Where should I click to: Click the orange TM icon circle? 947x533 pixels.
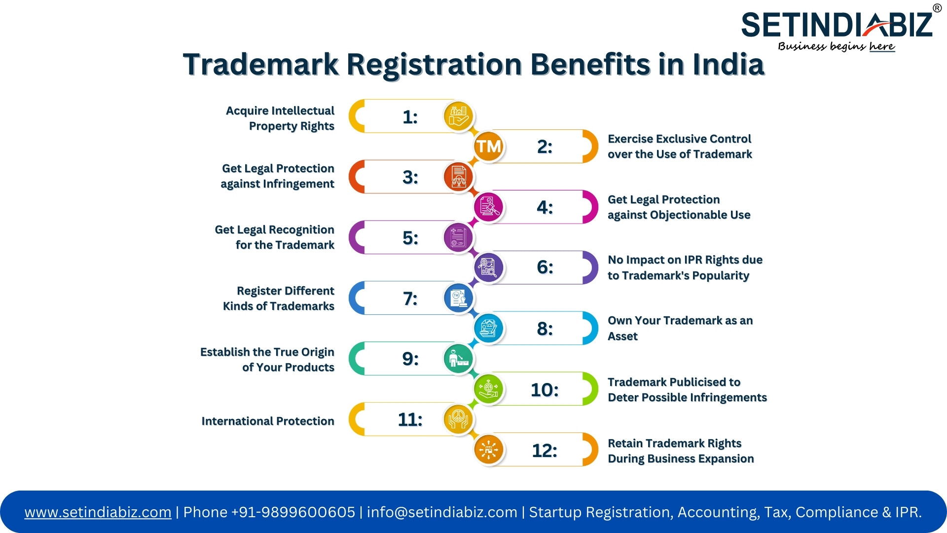(x=488, y=146)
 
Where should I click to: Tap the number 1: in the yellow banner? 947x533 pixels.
(x=410, y=117)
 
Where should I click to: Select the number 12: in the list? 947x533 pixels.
(x=545, y=451)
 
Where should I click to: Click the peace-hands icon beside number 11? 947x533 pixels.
(x=459, y=419)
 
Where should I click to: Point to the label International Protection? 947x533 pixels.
(x=268, y=421)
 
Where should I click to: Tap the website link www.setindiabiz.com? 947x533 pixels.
(x=98, y=512)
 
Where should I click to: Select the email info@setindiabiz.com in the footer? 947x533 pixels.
(x=442, y=512)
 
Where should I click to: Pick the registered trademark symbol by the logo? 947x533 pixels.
(x=937, y=8)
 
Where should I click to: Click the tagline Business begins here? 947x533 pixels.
(x=837, y=46)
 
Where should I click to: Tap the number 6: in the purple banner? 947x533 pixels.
(x=545, y=267)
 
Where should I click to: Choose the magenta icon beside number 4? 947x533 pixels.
(x=488, y=207)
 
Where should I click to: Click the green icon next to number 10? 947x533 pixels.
(x=488, y=389)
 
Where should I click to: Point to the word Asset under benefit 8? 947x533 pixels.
(x=622, y=337)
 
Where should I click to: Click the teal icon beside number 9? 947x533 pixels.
(x=459, y=359)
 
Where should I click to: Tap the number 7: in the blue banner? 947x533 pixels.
(x=410, y=299)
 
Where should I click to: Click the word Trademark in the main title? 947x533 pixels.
(x=261, y=65)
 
